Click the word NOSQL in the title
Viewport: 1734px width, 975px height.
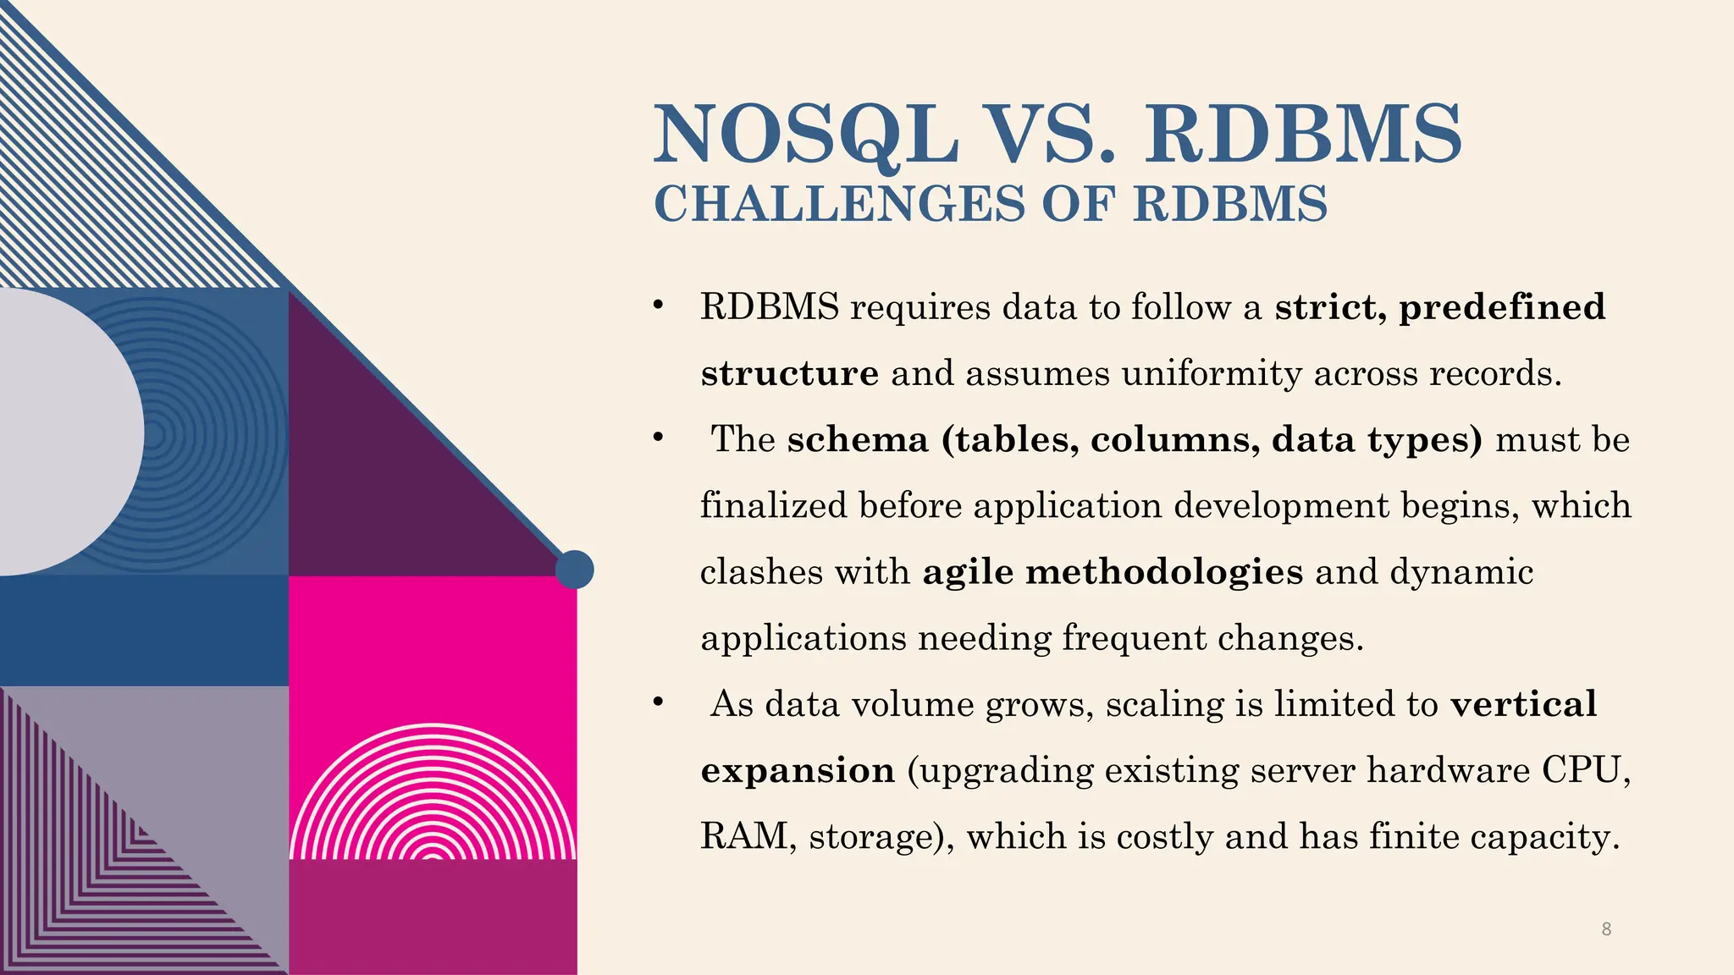[806, 135]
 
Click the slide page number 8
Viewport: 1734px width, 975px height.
[1606, 929]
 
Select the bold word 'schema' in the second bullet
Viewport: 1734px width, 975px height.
[858, 439]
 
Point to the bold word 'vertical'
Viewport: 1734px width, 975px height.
[1523, 704]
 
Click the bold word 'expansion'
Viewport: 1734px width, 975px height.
[798, 770]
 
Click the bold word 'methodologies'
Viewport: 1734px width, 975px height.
[1164, 572]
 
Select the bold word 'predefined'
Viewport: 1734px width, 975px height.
[1502, 307]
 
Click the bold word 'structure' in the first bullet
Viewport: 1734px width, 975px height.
[789, 373]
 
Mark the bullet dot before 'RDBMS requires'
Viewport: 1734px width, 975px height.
[657, 306]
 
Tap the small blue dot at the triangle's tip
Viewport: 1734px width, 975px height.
[574, 569]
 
